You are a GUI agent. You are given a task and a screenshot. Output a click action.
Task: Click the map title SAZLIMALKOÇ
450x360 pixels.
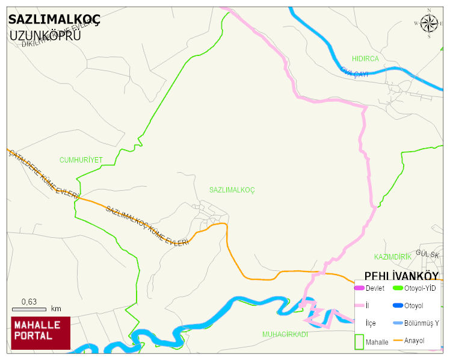[54, 19]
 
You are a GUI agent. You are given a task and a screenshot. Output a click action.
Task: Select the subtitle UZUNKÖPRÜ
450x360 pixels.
[45, 35]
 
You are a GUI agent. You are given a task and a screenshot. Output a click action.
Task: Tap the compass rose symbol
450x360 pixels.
[429, 23]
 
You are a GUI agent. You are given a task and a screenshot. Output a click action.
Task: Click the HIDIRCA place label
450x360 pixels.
[365, 58]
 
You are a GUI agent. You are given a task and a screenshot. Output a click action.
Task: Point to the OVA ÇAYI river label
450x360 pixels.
[354, 72]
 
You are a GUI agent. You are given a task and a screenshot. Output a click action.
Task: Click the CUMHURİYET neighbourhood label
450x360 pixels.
[81, 160]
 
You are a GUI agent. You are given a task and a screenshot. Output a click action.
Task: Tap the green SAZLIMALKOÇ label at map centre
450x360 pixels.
[232, 190]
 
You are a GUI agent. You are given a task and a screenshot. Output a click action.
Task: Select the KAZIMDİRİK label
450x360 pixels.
[392, 256]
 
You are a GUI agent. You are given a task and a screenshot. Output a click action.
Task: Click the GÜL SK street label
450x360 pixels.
[428, 255]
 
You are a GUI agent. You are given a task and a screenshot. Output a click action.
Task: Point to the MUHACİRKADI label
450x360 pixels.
[285, 334]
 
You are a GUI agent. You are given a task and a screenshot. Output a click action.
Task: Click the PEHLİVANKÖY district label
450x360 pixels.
[401, 276]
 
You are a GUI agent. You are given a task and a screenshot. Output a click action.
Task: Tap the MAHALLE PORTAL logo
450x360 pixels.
[40, 333]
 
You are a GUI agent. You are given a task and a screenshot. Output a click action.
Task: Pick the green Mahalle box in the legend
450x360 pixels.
[359, 341]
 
